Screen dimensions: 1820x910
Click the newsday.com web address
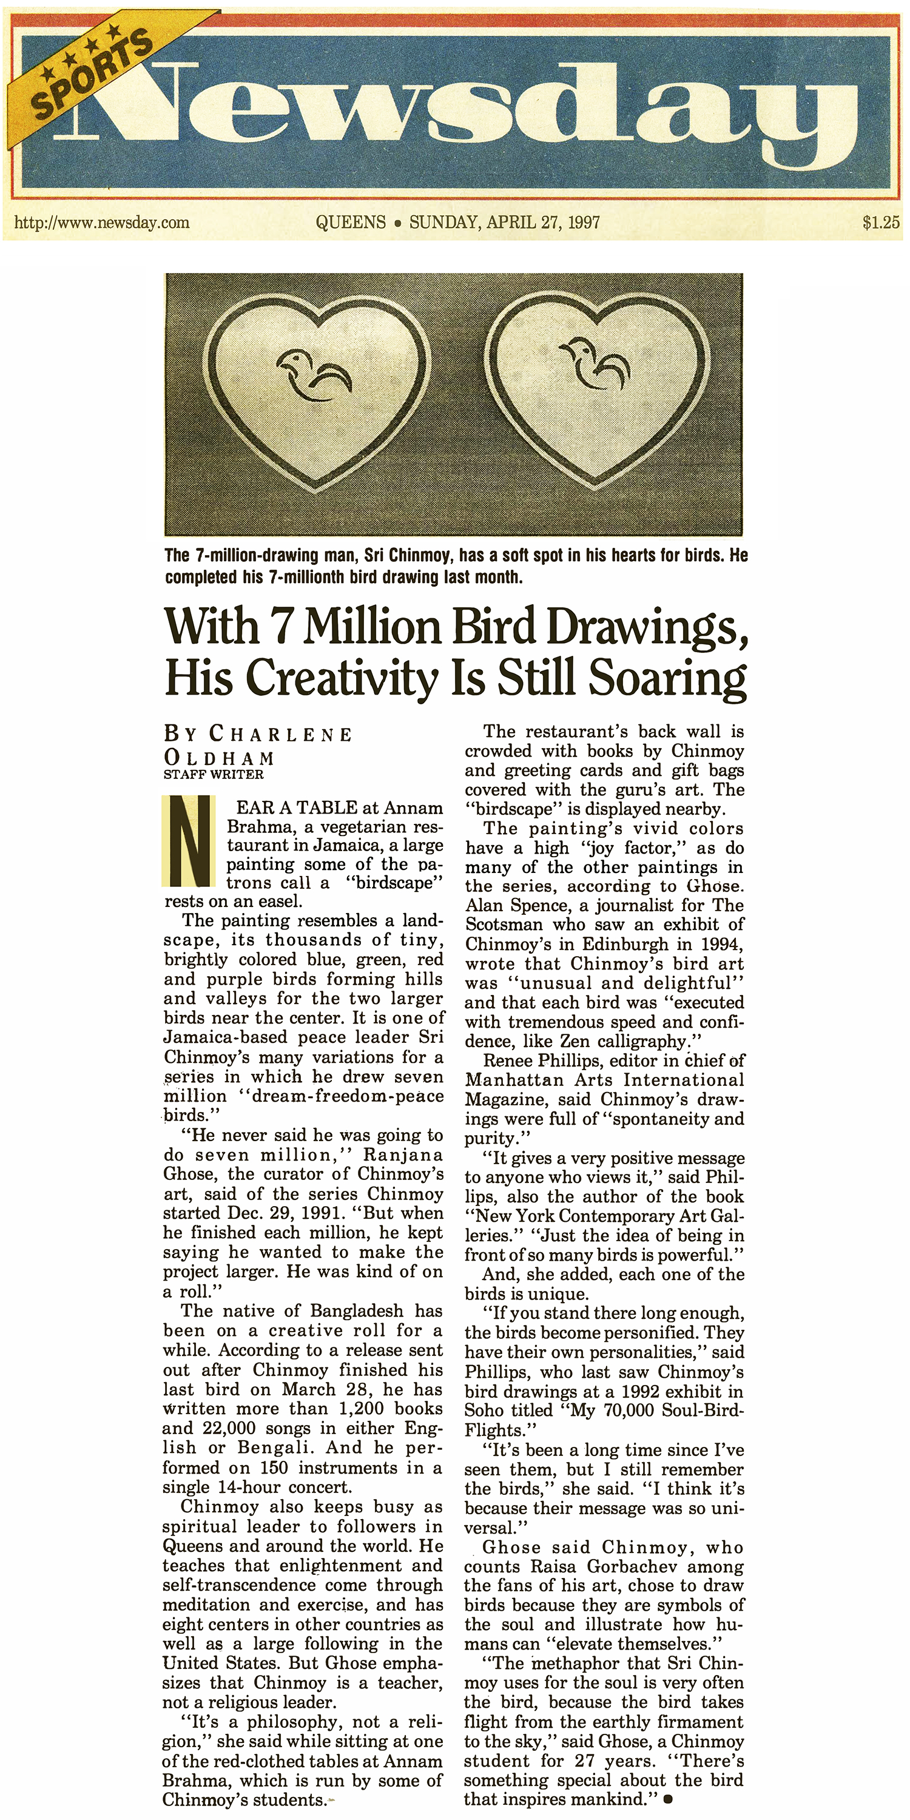(102, 223)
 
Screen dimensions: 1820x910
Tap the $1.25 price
(880, 223)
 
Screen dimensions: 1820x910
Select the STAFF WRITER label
(214, 774)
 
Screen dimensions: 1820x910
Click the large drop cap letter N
(189, 841)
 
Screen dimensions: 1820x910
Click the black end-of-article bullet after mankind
(668, 1795)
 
